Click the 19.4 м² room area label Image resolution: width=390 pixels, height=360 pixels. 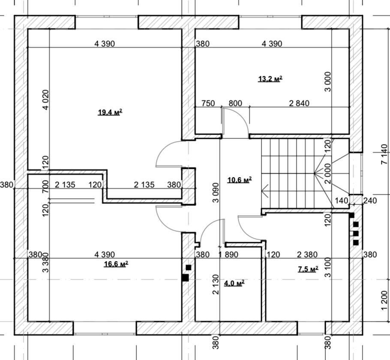click(x=110, y=112)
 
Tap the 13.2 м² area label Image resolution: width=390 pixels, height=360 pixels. click(x=270, y=79)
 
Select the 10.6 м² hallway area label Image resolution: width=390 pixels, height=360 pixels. click(x=240, y=180)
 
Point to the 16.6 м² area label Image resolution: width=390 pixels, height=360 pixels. click(x=116, y=264)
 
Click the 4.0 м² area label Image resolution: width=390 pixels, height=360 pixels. click(x=234, y=283)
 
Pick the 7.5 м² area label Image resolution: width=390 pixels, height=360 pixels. click(x=308, y=269)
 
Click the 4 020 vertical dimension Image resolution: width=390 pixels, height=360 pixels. click(x=46, y=100)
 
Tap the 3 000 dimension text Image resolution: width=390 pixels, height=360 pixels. click(x=328, y=82)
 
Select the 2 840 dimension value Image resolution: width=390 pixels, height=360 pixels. click(x=299, y=103)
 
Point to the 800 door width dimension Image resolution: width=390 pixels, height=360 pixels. click(x=235, y=103)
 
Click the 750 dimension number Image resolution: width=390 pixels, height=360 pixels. click(x=208, y=103)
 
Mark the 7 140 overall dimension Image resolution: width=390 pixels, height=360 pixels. click(x=384, y=154)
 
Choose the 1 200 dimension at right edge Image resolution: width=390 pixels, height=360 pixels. click(x=384, y=301)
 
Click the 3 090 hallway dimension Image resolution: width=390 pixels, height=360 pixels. click(x=216, y=193)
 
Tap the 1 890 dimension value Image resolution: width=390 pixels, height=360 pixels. click(x=228, y=255)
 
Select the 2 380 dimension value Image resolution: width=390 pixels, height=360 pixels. click(x=307, y=255)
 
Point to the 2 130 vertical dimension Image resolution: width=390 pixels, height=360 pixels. click(x=216, y=285)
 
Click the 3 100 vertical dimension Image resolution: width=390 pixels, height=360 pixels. click(x=328, y=267)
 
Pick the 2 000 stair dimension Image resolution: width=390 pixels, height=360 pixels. click(x=328, y=174)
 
